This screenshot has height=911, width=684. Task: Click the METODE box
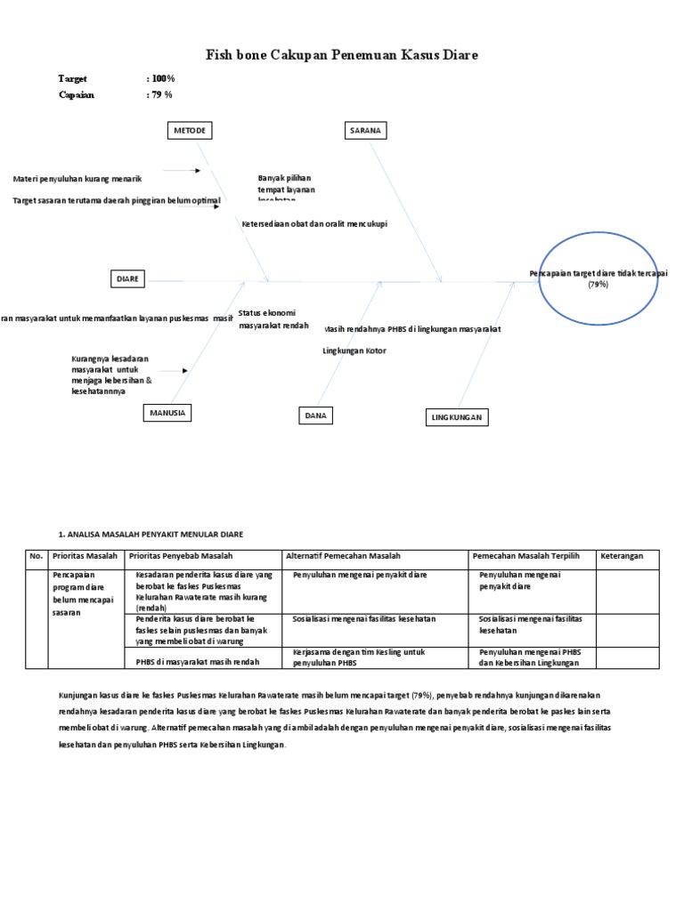click(190, 131)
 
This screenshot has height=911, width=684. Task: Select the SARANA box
click(363, 131)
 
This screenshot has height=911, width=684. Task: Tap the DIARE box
click(128, 279)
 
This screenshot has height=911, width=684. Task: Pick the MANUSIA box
click(168, 413)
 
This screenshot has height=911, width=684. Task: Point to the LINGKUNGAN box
click(455, 417)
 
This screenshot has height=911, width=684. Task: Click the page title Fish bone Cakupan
click(342, 55)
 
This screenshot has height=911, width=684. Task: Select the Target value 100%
click(163, 79)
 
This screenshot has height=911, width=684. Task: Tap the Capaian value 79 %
click(161, 95)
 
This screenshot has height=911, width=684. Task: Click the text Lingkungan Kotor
click(354, 351)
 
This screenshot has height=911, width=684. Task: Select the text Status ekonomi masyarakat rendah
click(267, 319)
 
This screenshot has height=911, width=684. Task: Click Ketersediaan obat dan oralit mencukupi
click(314, 224)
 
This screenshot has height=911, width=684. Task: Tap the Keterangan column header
click(628, 556)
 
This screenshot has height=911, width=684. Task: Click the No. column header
click(37, 556)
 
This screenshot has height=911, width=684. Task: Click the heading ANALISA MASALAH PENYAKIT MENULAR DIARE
click(151, 534)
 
